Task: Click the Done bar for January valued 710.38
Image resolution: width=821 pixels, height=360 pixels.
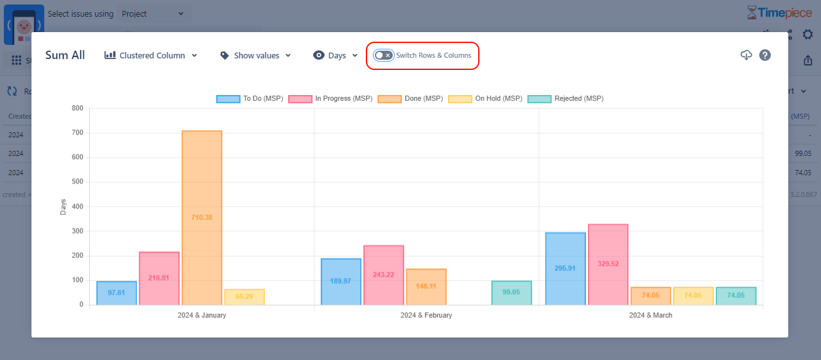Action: (202, 218)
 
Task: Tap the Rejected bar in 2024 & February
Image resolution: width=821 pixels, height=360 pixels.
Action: (511, 293)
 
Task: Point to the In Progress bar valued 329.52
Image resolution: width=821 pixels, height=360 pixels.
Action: (608, 264)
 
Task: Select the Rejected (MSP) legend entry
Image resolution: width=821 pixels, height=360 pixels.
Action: (565, 99)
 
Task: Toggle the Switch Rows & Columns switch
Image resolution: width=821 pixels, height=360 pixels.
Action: (384, 55)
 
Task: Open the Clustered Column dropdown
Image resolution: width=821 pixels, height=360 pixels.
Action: (151, 56)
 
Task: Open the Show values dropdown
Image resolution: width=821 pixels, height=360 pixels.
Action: (255, 56)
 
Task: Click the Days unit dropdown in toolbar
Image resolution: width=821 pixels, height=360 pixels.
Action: (335, 56)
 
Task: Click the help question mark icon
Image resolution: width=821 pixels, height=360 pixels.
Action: (765, 55)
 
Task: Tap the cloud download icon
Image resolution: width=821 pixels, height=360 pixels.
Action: (746, 55)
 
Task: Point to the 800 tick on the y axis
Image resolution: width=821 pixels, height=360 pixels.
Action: (77, 108)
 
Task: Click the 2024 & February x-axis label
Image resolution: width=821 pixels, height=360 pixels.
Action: (426, 315)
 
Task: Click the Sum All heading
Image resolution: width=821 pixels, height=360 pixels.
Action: (65, 55)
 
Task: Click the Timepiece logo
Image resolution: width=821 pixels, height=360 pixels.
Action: (779, 12)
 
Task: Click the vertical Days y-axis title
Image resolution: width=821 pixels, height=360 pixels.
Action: (64, 207)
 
